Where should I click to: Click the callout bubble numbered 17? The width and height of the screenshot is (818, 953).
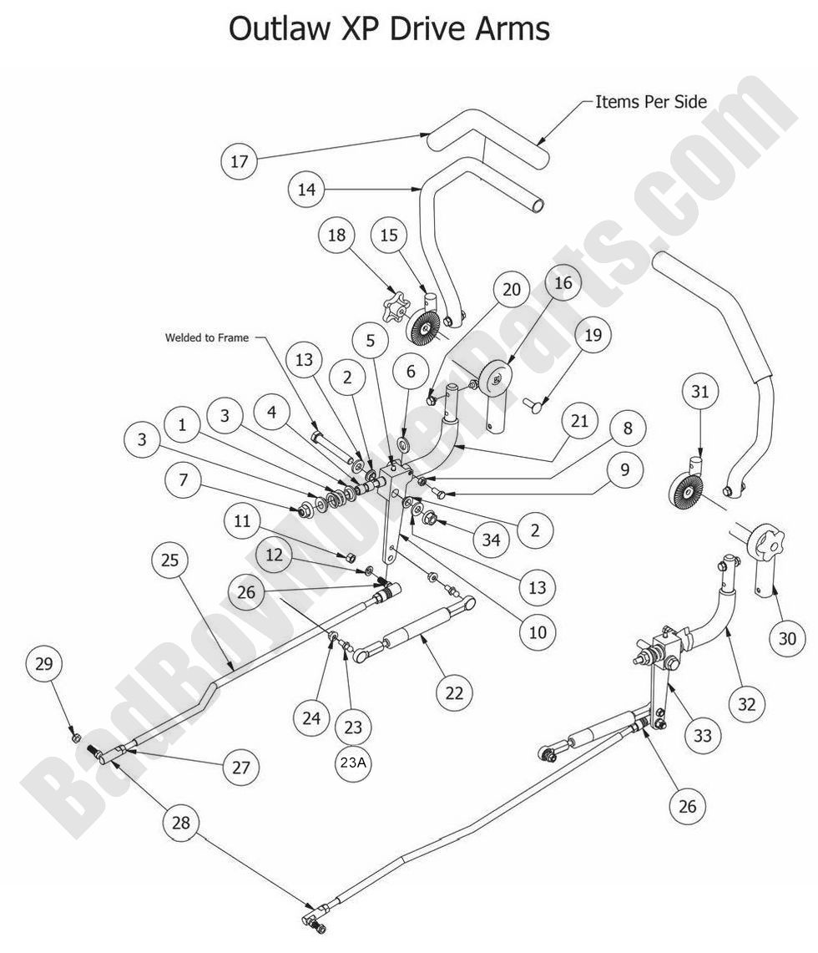pyautogui.click(x=240, y=161)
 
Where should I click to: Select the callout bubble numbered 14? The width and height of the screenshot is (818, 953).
pyautogui.click(x=307, y=190)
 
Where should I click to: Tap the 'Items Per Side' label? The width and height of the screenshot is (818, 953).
pyautogui.click(x=650, y=102)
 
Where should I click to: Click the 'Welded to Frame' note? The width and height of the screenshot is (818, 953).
pyautogui.click(x=206, y=337)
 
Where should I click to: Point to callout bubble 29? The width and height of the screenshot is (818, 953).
pyautogui.click(x=43, y=664)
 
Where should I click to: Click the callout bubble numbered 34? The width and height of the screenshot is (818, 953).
pyautogui.click(x=491, y=540)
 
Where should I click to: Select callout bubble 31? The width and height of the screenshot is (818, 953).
pyautogui.click(x=699, y=390)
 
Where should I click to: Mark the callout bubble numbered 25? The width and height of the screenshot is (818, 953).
pyautogui.click(x=171, y=560)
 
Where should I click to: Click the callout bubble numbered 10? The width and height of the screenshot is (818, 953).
pyautogui.click(x=537, y=632)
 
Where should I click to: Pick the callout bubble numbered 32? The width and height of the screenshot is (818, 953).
pyautogui.click(x=745, y=703)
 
